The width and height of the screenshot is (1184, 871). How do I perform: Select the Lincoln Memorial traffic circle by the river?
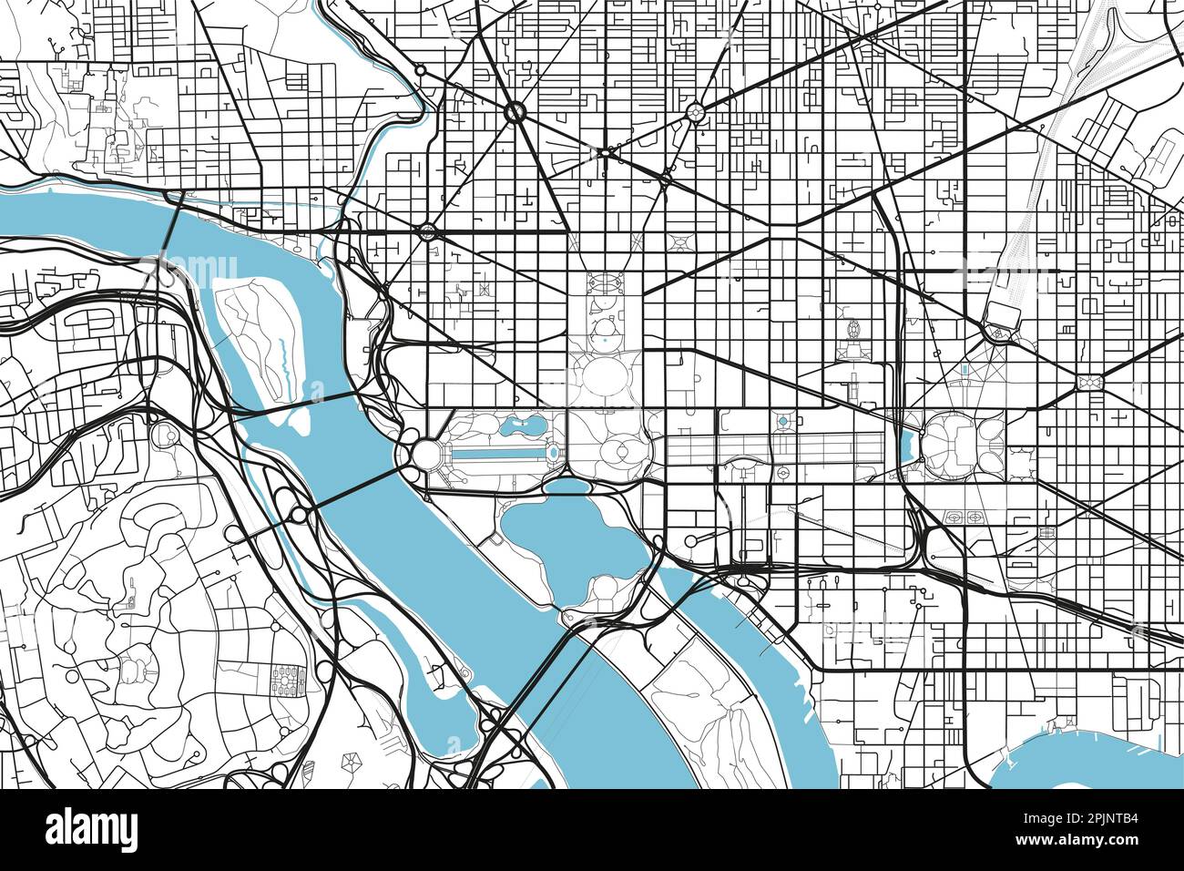click(424, 453)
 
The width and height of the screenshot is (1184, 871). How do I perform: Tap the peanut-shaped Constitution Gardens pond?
click(520, 424)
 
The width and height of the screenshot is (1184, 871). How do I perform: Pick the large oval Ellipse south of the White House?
click(601, 374)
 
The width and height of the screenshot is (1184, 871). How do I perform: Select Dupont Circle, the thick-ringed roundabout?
click(515, 112)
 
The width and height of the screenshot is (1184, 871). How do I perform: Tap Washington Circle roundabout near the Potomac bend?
click(427, 231)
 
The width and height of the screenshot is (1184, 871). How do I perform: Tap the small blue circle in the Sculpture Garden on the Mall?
click(782, 422)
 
